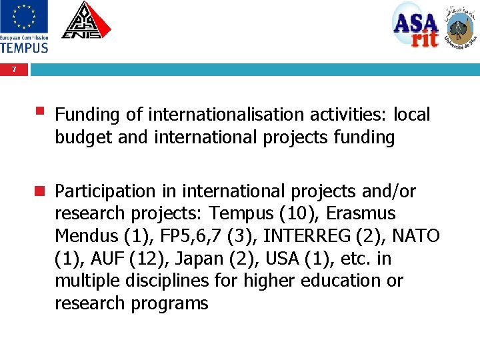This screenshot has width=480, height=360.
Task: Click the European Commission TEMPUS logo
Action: [x=24, y=27]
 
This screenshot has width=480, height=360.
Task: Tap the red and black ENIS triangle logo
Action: [x=86, y=21]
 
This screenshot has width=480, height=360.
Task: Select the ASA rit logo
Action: [x=415, y=25]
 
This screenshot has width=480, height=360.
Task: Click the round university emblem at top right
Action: [x=461, y=27]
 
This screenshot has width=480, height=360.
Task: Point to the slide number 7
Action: [x=14, y=69]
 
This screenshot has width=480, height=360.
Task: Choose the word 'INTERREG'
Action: [x=309, y=237]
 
